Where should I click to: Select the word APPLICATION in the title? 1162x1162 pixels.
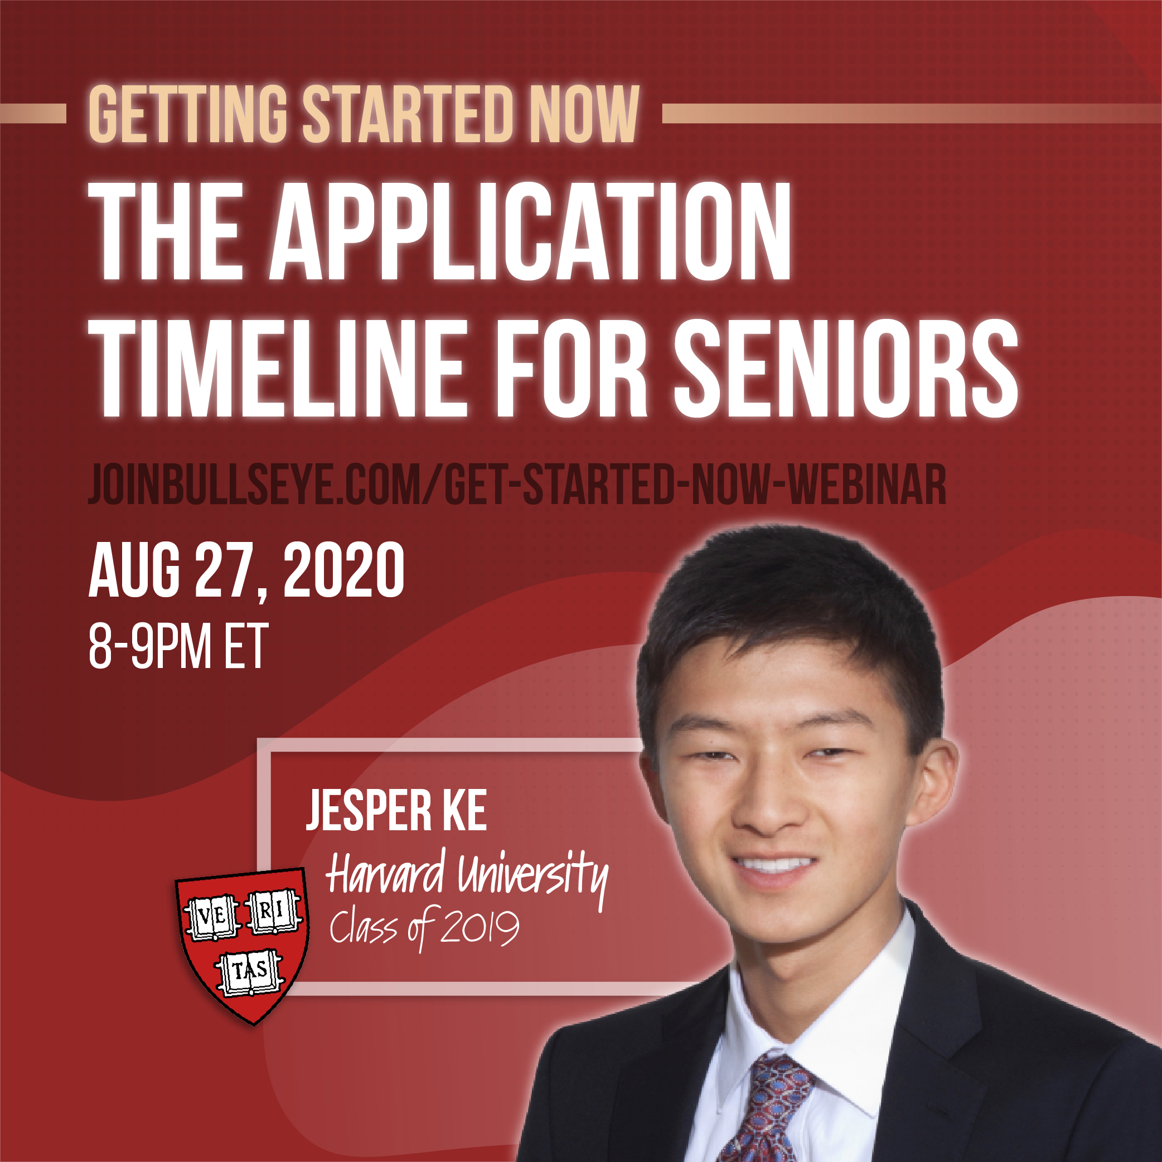[x=529, y=231]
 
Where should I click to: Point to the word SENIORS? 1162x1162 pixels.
[x=845, y=368]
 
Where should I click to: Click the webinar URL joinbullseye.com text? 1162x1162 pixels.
[x=517, y=485]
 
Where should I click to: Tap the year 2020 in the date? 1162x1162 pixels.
[x=343, y=570]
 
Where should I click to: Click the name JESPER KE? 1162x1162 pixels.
[x=396, y=811]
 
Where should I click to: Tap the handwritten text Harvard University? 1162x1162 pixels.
[x=466, y=875]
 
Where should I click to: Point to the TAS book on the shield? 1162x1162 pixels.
[x=250, y=970]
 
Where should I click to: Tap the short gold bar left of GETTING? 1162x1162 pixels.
[x=33, y=114]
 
